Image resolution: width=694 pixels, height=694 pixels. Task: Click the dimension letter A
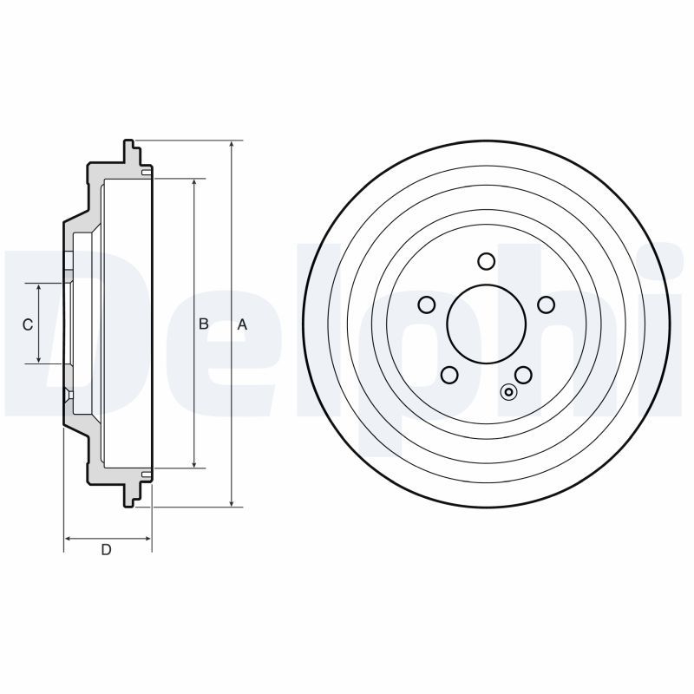[x=243, y=324]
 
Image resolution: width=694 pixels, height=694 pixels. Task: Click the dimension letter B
[x=204, y=324]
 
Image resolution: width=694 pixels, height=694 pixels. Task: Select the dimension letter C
[x=28, y=324]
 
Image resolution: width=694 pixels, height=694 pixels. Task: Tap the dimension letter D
[x=106, y=549]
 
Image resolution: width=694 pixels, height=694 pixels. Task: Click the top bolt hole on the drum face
[x=487, y=261]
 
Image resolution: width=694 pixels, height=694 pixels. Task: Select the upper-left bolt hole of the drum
[x=426, y=304]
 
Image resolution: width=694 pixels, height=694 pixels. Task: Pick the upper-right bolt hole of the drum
[x=547, y=304]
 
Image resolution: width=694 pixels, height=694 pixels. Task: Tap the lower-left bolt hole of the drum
[x=449, y=375]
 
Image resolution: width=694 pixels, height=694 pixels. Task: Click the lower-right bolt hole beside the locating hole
[x=523, y=375]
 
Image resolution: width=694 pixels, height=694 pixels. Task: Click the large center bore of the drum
[x=487, y=324]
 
